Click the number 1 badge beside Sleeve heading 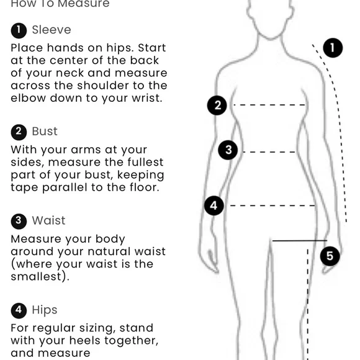(x=19, y=30)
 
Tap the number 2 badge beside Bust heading (x=19, y=132)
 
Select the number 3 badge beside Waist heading (x=19, y=222)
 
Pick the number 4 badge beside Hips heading (x=19, y=310)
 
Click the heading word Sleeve (x=52, y=30)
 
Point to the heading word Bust (x=45, y=132)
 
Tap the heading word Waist (x=48, y=220)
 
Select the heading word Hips (x=45, y=310)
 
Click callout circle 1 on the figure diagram (x=333, y=48)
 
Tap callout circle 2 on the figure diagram (x=217, y=106)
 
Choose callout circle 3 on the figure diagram (x=228, y=150)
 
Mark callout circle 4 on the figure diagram (x=214, y=205)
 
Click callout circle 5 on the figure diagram (x=330, y=256)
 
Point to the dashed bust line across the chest (x=269, y=105)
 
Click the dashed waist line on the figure (x=269, y=152)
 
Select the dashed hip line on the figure (x=272, y=205)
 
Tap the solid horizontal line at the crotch (x=300, y=241)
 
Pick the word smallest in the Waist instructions (x=36, y=276)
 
